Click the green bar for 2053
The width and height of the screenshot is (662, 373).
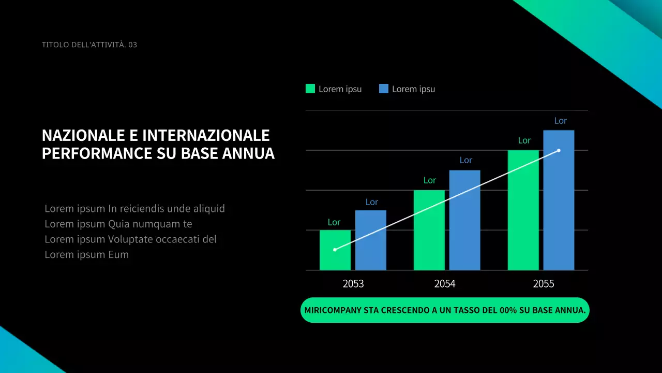335,250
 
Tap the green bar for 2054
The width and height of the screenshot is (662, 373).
429,230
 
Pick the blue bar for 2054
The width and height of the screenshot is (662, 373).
464,220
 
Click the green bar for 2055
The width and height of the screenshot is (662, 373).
523,210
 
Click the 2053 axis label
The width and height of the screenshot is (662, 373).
353,284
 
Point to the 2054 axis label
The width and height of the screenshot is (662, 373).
445,284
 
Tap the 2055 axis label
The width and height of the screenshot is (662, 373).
544,284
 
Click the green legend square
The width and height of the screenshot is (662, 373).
310,89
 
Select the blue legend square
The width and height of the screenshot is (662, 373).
384,89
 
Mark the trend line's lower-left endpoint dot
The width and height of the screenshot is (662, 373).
335,250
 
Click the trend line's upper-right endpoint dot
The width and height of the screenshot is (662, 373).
559,150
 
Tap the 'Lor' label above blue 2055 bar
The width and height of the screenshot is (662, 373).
560,121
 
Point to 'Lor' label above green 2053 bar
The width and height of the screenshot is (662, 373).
334,222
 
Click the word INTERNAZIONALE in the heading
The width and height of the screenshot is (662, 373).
206,136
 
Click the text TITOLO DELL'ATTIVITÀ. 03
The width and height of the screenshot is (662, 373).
89,45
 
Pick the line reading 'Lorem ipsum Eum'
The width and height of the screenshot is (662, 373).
86,254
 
